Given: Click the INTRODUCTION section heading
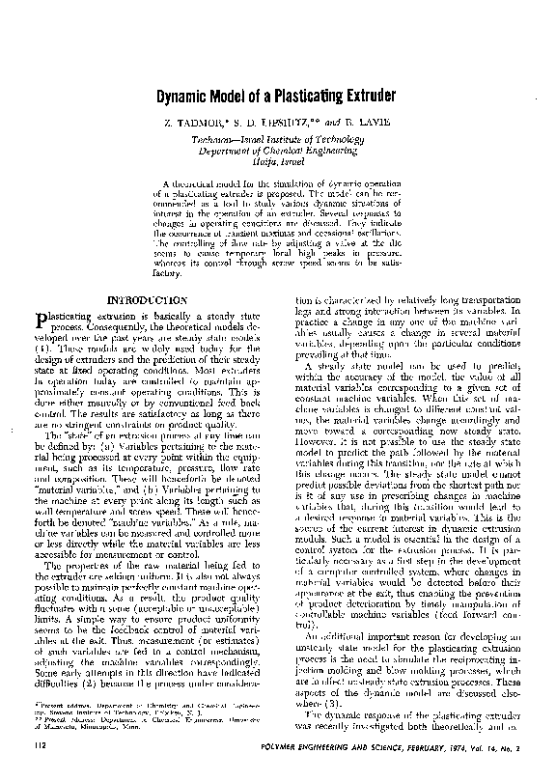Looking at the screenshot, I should pos(155,300).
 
